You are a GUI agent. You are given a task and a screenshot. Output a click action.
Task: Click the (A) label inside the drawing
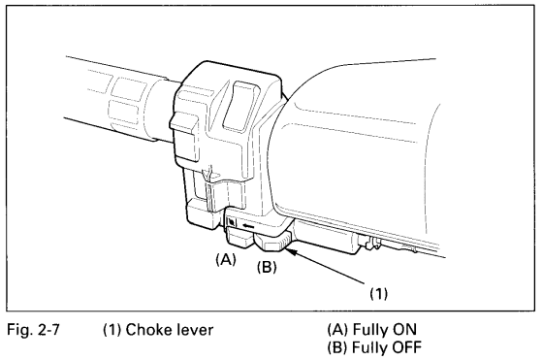point(226,258)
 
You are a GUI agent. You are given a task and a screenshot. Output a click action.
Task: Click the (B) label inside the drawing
point(267,266)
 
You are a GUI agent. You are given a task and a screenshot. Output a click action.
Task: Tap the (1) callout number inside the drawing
point(379,293)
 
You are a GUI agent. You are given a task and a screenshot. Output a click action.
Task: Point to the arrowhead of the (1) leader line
point(287,250)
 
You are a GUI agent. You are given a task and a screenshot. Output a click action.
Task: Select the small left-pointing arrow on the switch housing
point(249,226)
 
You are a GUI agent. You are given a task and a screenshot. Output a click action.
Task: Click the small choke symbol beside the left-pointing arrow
point(232,221)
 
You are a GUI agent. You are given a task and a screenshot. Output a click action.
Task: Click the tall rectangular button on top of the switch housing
point(240,105)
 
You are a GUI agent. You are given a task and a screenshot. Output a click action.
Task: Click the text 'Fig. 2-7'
point(33,330)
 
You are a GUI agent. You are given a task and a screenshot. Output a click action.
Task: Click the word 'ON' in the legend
point(403,329)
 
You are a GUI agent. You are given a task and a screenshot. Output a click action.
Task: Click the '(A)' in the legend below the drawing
point(337,329)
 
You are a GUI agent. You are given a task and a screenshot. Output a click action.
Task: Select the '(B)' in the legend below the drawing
point(337,346)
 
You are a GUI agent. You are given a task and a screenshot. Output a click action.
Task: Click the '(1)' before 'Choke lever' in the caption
point(112,330)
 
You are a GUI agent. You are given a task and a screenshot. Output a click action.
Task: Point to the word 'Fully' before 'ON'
point(368,330)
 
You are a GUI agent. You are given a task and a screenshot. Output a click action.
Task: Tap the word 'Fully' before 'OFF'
point(368,347)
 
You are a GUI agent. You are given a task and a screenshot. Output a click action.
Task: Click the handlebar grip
point(117,99)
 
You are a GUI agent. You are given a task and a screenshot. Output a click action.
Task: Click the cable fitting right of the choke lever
point(369,242)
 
